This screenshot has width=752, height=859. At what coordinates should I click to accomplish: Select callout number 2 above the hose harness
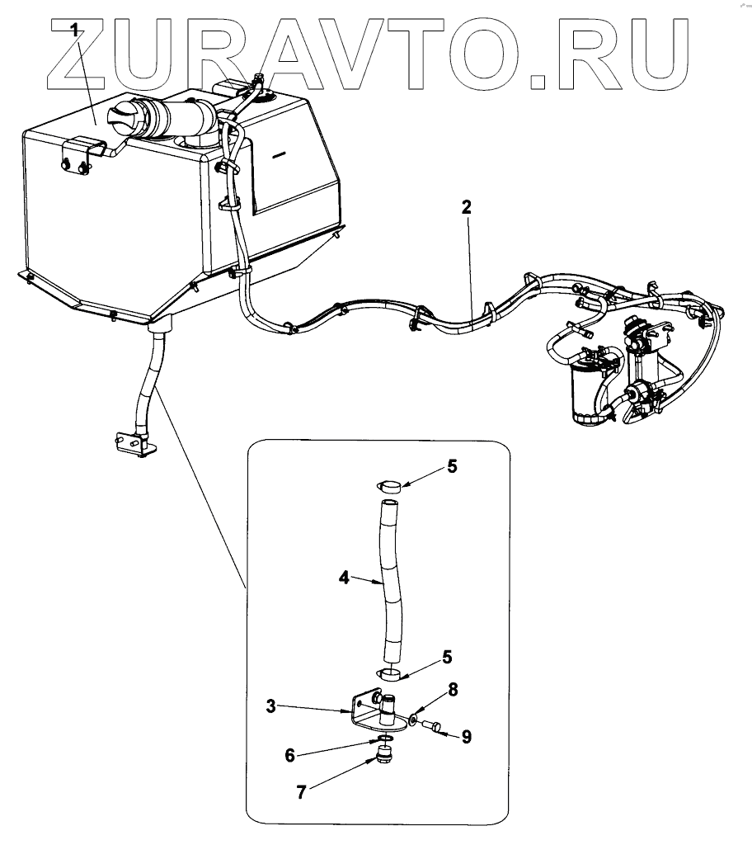pos(466,208)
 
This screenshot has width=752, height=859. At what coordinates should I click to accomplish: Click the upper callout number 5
pos(451,467)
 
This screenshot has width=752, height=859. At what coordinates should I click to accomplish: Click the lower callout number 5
pos(447,657)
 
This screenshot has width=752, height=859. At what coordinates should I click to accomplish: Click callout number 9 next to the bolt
pos(466,737)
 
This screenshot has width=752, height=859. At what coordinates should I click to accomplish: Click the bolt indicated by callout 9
pos(430,728)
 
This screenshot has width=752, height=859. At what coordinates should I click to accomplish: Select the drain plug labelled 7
pos(383,755)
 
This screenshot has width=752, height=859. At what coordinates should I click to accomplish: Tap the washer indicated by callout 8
pos(413,720)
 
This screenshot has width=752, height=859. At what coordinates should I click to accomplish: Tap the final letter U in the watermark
pos(659,54)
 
